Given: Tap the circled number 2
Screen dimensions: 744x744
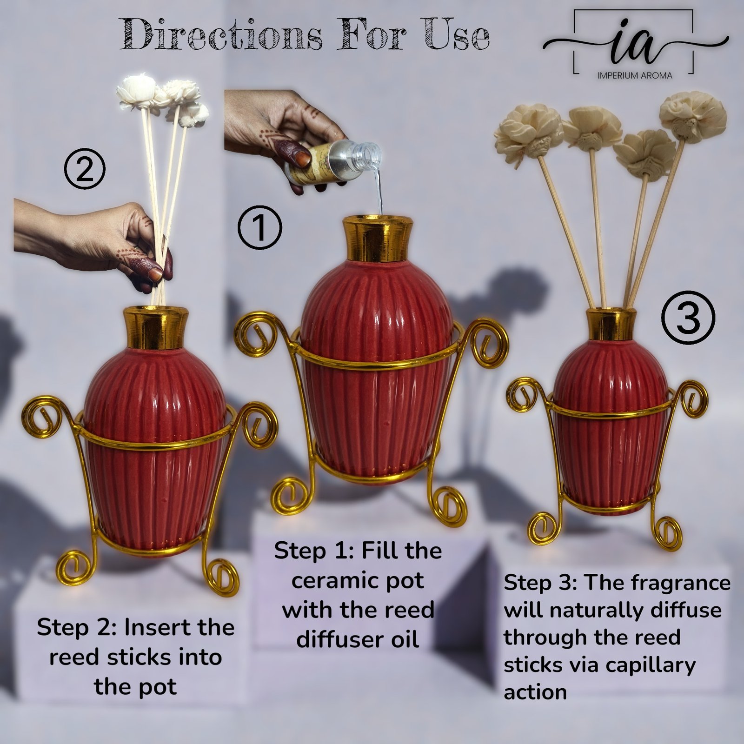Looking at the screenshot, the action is pyautogui.click(x=85, y=171).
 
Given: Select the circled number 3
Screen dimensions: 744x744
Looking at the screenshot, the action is pyautogui.click(x=689, y=318).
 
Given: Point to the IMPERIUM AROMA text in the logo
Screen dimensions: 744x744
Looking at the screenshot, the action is pyautogui.click(x=635, y=75).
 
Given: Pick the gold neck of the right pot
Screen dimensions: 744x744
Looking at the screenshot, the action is pyautogui.click(x=611, y=323).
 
